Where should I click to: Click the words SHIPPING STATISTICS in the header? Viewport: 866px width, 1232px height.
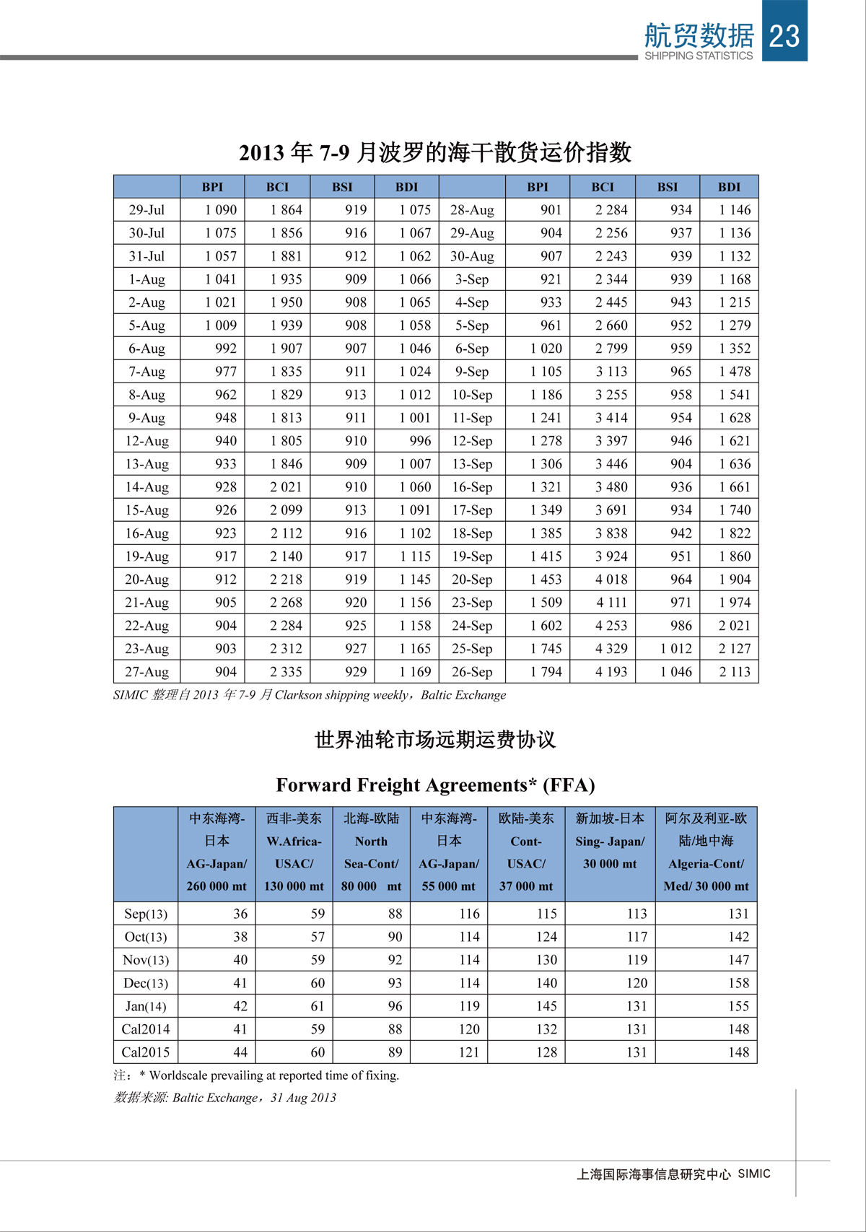(698, 56)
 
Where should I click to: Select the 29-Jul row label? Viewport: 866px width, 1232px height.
(146, 210)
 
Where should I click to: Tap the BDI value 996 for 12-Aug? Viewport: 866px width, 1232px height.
(420, 441)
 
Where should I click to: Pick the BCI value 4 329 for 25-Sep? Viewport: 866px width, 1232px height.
(611, 649)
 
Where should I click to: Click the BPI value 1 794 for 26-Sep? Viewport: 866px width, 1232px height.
(546, 672)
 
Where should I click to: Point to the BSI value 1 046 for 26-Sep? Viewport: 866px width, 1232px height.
(675, 672)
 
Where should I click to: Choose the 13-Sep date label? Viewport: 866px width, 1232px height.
(472, 464)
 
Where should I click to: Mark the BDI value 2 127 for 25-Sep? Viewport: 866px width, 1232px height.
(735, 649)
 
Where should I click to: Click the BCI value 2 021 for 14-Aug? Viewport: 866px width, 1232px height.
(286, 487)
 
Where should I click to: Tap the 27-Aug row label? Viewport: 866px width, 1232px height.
(146, 672)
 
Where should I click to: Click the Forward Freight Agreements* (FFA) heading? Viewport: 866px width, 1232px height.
(435, 785)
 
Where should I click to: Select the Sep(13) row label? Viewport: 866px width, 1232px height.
(146, 914)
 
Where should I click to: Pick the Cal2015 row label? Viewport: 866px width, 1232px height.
(146, 1052)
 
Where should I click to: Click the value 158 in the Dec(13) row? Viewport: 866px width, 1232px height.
(738, 983)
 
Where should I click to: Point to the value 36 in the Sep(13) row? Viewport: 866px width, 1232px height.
(240, 914)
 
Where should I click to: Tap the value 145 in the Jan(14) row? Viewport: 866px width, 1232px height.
(546, 1006)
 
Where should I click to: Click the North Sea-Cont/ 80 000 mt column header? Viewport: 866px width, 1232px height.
(371, 852)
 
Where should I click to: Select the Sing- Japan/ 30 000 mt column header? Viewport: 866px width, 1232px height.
(610, 841)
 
